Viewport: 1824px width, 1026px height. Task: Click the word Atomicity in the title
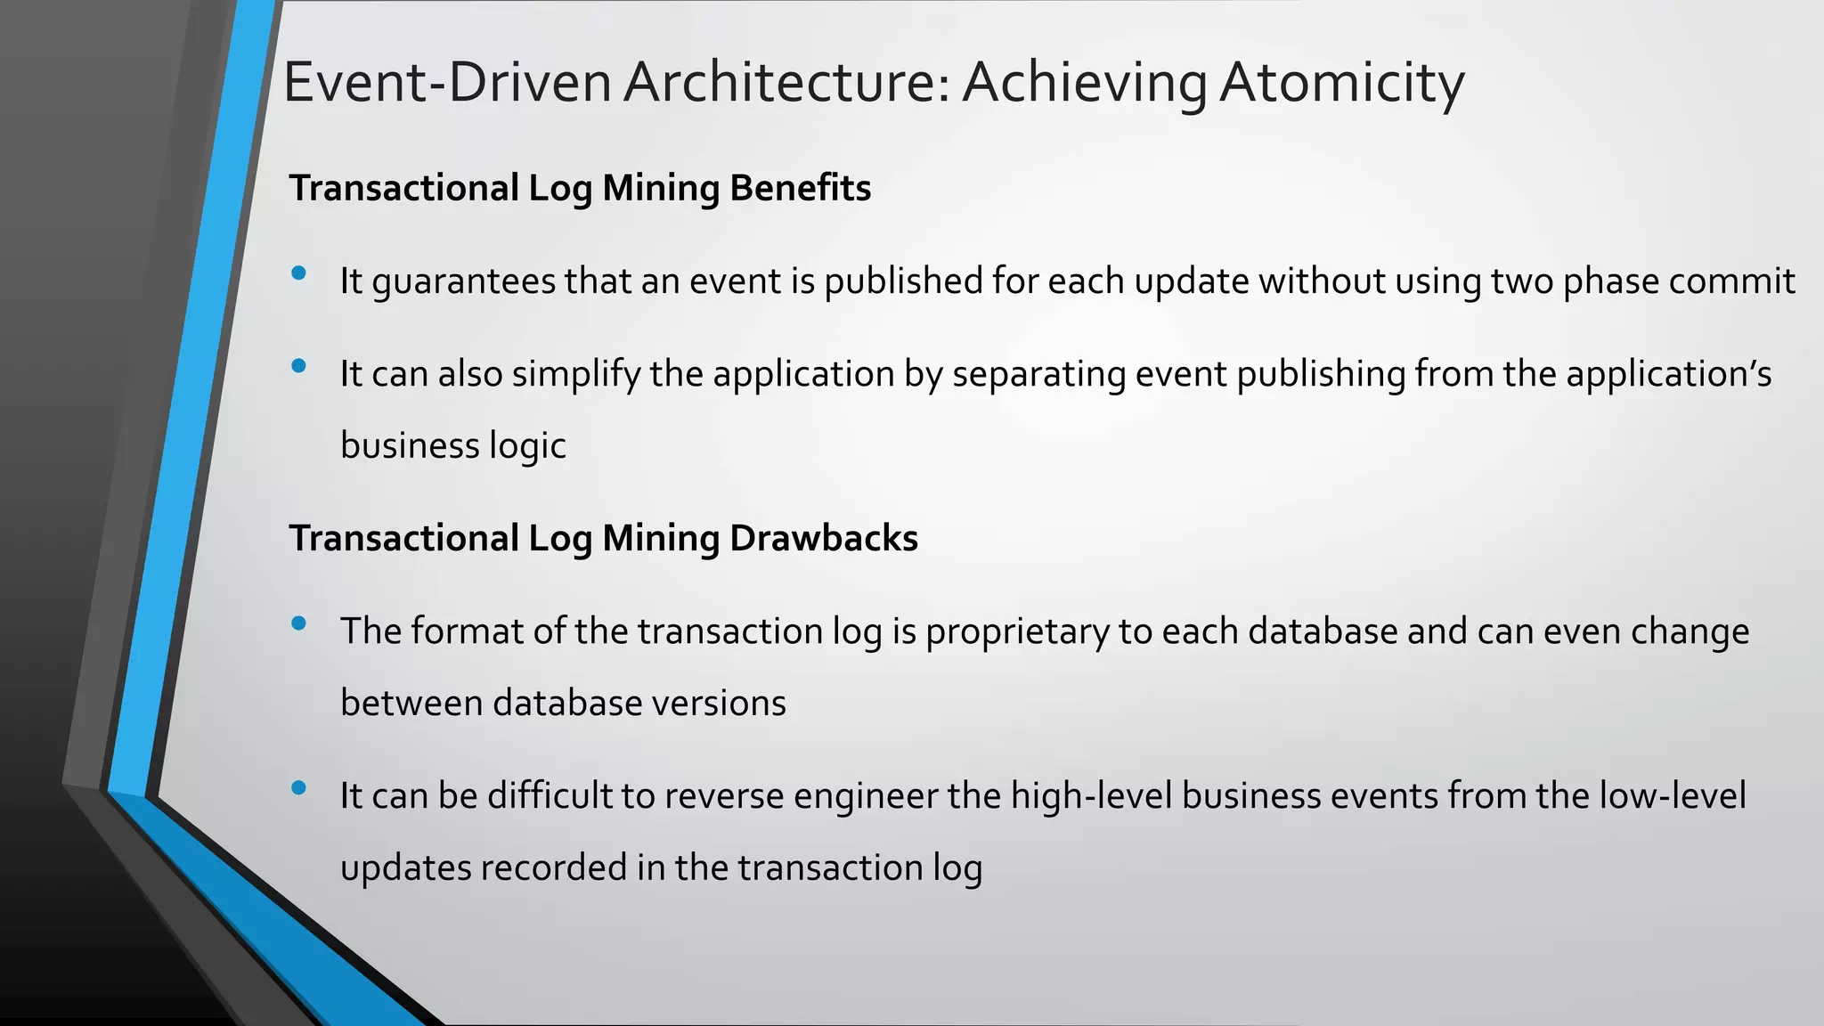tap(1341, 83)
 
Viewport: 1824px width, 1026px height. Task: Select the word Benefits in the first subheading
tap(800, 188)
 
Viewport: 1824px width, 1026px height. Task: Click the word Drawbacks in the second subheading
tap(823, 538)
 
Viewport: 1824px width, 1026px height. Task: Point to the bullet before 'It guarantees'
tap(298, 273)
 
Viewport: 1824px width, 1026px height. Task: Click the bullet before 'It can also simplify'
tap(298, 366)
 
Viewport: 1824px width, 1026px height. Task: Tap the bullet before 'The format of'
tap(298, 623)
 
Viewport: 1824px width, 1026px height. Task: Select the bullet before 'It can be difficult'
tap(298, 787)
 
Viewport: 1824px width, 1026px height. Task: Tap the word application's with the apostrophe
tap(1668, 374)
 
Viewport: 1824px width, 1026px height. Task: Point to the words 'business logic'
tap(453, 445)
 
